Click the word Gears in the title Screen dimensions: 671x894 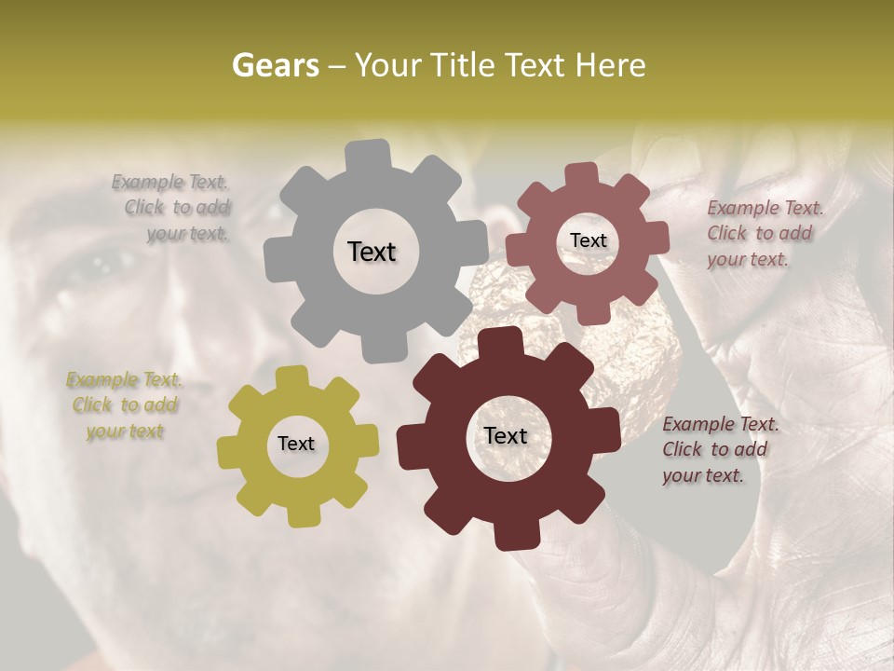(x=275, y=65)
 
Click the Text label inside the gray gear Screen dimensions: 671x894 (x=372, y=252)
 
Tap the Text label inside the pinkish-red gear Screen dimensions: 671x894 (x=588, y=240)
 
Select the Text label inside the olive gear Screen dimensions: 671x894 (x=296, y=445)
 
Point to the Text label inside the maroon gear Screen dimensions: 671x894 (x=506, y=436)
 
